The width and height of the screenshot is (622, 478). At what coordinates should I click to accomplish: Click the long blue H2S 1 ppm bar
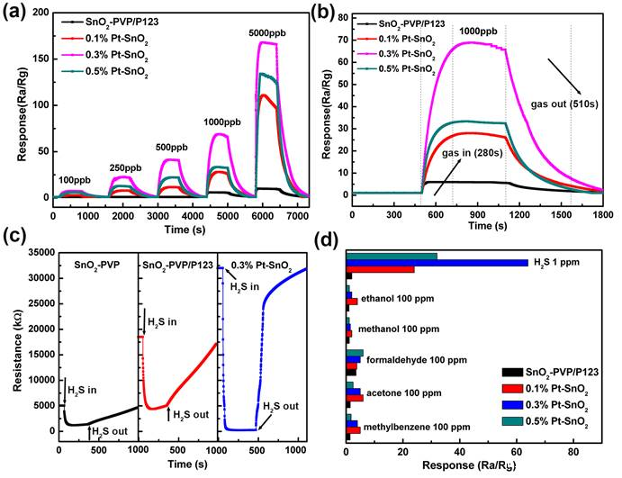pyautogui.click(x=437, y=263)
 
